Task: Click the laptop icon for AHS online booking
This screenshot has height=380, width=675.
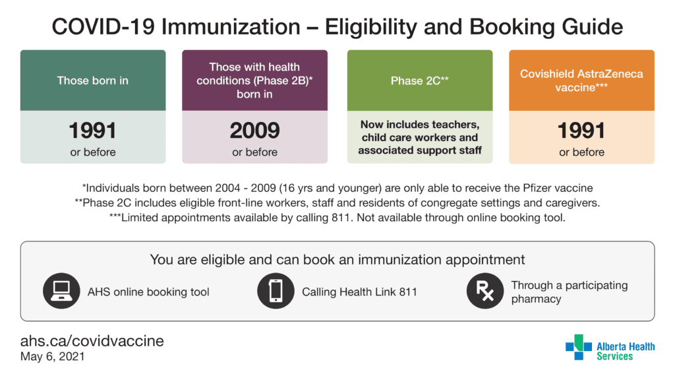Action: pyautogui.click(x=61, y=291)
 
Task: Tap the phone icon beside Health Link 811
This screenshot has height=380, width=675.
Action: pyautogui.click(x=276, y=291)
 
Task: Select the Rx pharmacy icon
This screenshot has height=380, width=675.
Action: pyautogui.click(x=485, y=291)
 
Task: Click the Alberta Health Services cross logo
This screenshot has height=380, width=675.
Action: pyautogui.click(x=579, y=347)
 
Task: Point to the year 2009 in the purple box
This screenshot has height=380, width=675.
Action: pyautogui.click(x=255, y=131)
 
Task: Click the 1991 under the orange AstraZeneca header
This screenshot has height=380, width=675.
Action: pyautogui.click(x=581, y=131)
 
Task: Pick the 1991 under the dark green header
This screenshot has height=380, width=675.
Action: pyautogui.click(x=92, y=131)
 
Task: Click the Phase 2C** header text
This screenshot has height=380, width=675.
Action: pyautogui.click(x=420, y=80)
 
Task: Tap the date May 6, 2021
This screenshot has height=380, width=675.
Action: pyautogui.click(x=53, y=357)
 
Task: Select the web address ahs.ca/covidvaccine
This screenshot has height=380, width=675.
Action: pyautogui.click(x=92, y=341)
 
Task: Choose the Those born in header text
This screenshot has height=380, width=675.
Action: pyautogui.click(x=92, y=80)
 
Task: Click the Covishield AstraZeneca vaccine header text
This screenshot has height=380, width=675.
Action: pyautogui.click(x=581, y=80)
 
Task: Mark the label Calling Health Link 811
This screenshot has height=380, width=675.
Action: pyautogui.click(x=359, y=292)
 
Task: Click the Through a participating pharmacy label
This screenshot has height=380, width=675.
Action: pyautogui.click(x=570, y=292)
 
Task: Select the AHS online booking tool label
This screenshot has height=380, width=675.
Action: pyautogui.click(x=148, y=292)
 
